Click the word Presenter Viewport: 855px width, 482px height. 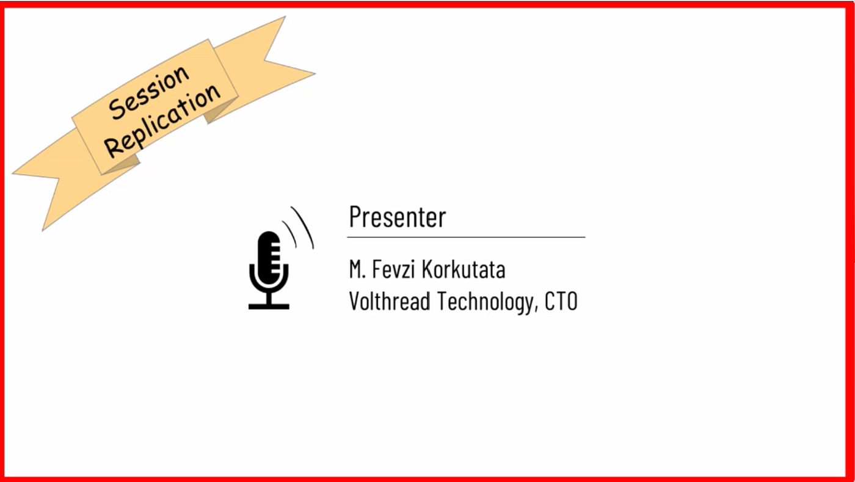398,216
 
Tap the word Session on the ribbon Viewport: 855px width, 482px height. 149,92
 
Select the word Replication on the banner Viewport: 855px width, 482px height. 163,120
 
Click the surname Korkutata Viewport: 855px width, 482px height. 464,269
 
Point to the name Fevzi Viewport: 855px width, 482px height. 393,269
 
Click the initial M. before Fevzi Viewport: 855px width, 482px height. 358,269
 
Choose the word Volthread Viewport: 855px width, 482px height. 390,301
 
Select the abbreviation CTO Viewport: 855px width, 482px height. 561,301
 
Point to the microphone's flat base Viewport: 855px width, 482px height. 269,306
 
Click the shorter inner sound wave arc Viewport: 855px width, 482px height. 291,232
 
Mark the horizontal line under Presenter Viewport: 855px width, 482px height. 466,237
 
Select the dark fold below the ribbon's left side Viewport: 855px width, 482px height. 122,164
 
